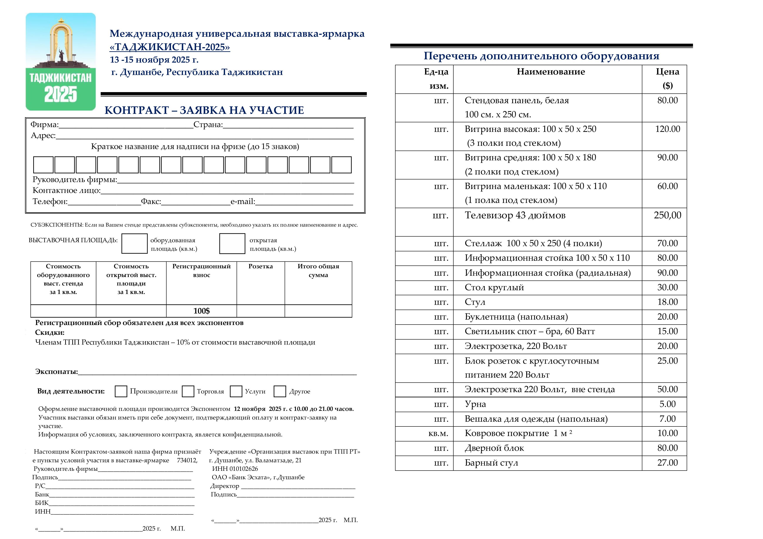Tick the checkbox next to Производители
(121, 391)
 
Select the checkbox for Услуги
(236, 391)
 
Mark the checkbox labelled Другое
(280, 391)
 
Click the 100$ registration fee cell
(201, 311)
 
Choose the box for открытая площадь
(232, 244)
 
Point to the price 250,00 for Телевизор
(667, 215)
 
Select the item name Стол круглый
(494, 288)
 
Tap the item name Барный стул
(491, 463)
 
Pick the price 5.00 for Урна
(667, 404)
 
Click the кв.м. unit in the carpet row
(438, 433)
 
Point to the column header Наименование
(551, 72)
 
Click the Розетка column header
(260, 266)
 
